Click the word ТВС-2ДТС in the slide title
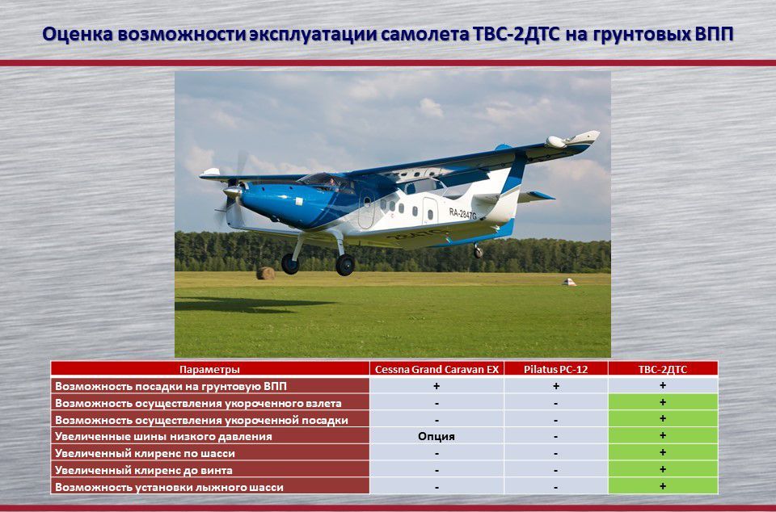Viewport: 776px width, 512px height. [517, 35]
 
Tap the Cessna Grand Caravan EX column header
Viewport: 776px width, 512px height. [436, 369]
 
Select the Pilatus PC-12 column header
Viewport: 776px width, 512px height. [556, 369]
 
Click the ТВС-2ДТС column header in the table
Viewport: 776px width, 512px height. [663, 369]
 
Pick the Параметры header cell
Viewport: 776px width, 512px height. [210, 369]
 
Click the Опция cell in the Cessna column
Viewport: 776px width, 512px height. [436, 436]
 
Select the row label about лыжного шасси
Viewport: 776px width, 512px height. [169, 487]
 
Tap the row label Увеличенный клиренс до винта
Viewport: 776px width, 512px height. [144, 470]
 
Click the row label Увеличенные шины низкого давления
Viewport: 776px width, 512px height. [163, 436]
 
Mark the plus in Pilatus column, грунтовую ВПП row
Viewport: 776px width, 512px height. [556, 386]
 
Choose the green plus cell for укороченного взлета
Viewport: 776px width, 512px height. [663, 402]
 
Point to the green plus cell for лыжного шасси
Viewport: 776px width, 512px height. [663, 486]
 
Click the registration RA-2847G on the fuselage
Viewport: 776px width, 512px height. [462, 214]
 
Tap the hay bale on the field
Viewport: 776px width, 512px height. [265, 273]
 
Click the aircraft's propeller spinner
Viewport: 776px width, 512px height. [232, 191]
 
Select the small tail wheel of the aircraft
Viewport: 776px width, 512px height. [478, 253]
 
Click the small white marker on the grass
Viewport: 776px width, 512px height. [569, 282]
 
